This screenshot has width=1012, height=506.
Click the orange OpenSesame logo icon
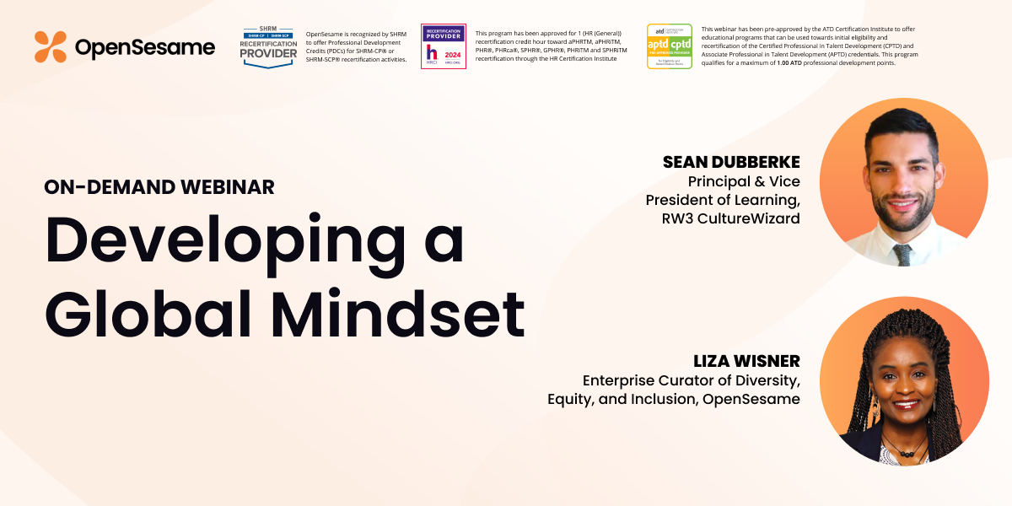(x=51, y=47)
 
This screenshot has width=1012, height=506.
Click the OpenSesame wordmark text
(x=144, y=48)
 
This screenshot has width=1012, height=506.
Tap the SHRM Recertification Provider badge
(x=269, y=46)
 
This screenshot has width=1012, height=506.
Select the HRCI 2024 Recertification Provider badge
(x=444, y=46)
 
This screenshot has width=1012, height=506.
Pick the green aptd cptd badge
(x=670, y=46)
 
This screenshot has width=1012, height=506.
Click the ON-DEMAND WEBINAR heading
(x=159, y=187)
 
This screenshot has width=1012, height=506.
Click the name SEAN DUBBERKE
(x=731, y=161)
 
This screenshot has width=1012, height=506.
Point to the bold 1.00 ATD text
(x=794, y=62)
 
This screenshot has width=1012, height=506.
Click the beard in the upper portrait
(x=902, y=210)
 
